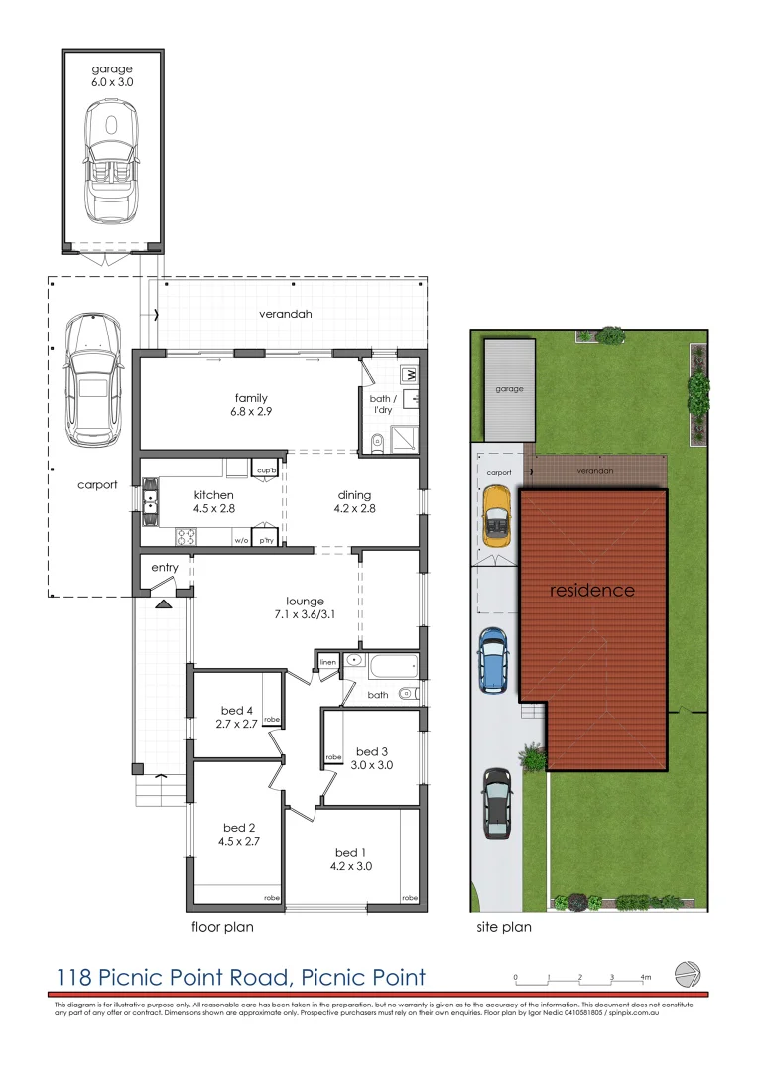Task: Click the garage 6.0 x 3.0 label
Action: click(x=112, y=75)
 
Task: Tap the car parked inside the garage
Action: click(x=111, y=165)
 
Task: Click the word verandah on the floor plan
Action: click(x=286, y=314)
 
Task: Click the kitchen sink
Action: click(x=151, y=498)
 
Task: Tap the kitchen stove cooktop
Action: click(x=187, y=537)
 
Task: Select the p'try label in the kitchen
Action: click(x=266, y=541)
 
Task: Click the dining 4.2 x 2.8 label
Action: click(x=354, y=501)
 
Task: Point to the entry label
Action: click(x=164, y=567)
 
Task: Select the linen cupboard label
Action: click(x=327, y=661)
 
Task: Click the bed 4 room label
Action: click(x=237, y=717)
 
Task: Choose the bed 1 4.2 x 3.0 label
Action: click(x=353, y=859)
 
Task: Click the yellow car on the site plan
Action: click(x=495, y=516)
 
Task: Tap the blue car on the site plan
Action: click(x=493, y=659)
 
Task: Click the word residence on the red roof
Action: click(x=592, y=591)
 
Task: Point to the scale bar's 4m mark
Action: click(x=645, y=978)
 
